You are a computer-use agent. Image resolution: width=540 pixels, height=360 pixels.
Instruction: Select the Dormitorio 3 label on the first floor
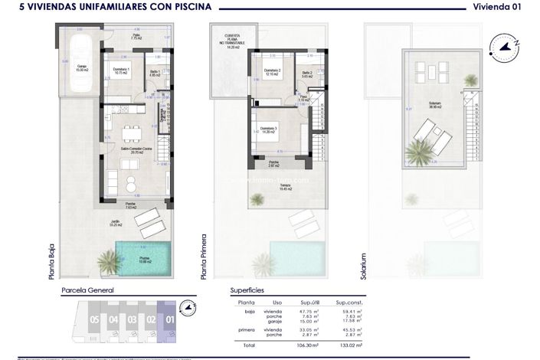[x=268, y=129]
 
